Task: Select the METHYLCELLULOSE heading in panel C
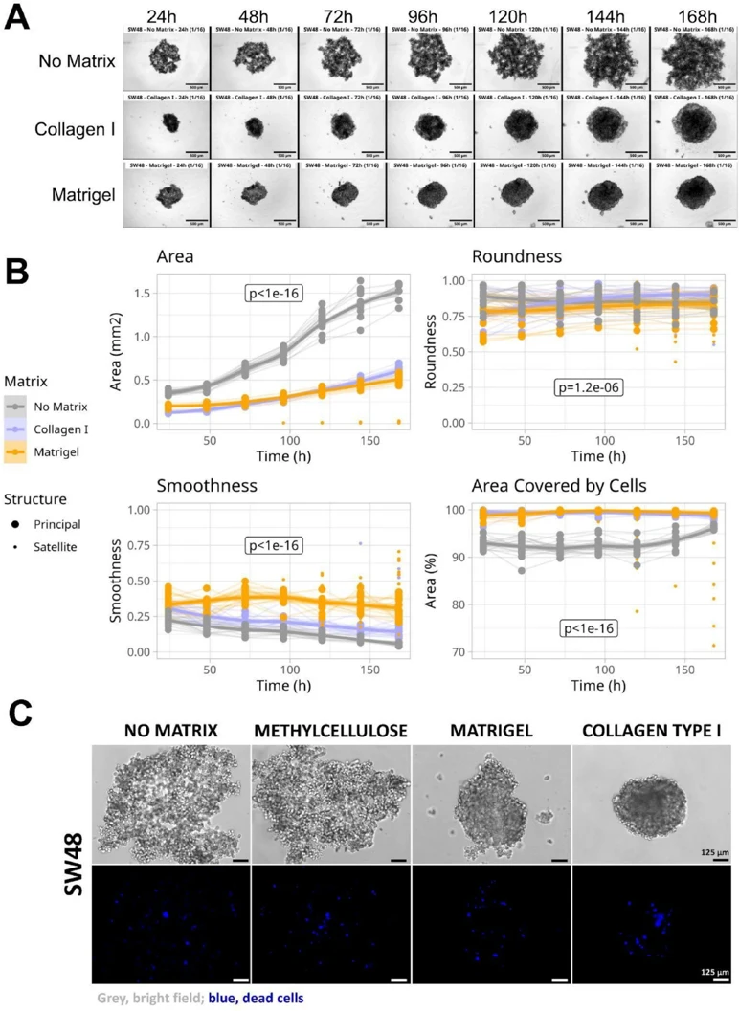(330, 732)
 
